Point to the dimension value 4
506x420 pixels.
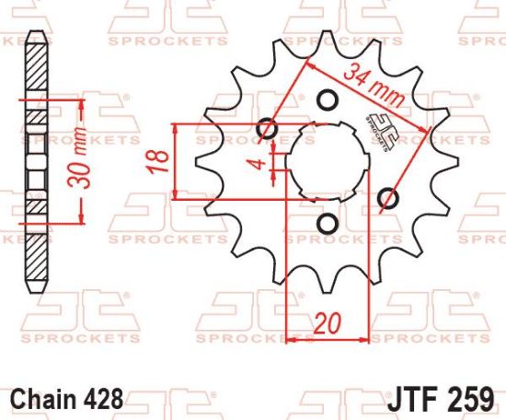[260, 166]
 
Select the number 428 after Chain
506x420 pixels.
[99, 402]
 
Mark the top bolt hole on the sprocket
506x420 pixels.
[325, 99]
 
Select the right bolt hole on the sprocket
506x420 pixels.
[388, 197]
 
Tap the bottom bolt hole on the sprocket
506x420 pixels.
[325, 224]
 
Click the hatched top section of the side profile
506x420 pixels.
[35, 69]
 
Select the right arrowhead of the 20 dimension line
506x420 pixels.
[366, 340]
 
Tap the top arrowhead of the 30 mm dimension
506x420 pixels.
[83, 104]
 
